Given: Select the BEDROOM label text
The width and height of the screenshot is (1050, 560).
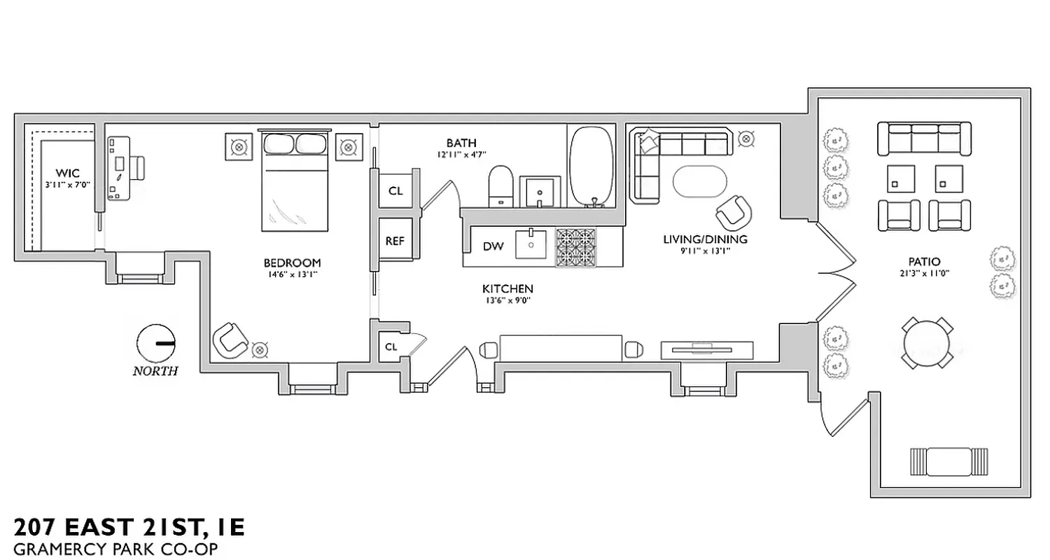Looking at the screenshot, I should (292, 263).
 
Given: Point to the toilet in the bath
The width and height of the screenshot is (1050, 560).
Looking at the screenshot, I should (501, 186).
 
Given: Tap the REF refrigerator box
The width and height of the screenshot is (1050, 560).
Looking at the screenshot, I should (395, 241).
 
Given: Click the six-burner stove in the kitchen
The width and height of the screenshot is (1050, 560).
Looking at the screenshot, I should (575, 247).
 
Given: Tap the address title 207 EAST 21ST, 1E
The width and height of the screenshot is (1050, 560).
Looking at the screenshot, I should (129, 527).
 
